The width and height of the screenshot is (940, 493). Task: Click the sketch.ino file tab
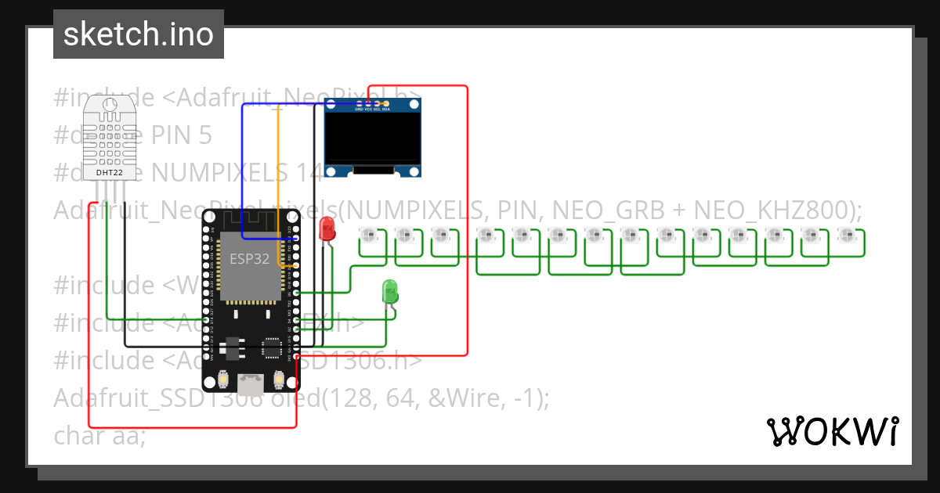click(138, 34)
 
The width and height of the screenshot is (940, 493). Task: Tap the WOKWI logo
click(831, 431)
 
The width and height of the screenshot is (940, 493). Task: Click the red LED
click(327, 229)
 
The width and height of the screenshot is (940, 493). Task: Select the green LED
click(390, 292)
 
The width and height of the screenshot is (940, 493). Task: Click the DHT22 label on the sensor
click(109, 172)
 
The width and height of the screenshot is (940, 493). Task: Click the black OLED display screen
click(374, 139)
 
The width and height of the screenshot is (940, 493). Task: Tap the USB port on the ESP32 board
click(251, 383)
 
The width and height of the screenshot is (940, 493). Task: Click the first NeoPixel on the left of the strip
click(367, 234)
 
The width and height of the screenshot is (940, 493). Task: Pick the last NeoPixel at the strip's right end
click(845, 234)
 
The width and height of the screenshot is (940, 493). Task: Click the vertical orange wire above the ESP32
click(278, 157)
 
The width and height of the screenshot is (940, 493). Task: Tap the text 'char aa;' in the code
click(99, 435)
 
